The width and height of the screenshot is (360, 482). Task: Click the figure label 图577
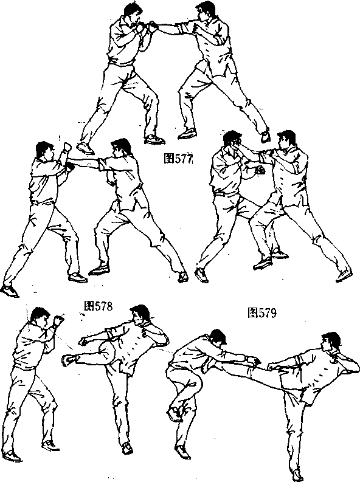pos(178,159)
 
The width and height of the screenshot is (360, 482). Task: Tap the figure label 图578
pos(99,306)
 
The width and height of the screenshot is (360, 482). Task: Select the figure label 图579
pos(262,312)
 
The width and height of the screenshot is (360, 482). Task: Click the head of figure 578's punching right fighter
pos(121,149)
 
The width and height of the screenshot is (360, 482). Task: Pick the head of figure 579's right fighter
pos(286,141)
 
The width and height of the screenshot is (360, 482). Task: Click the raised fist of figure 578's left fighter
pos(66,147)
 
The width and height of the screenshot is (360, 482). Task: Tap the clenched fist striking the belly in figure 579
pos(260,170)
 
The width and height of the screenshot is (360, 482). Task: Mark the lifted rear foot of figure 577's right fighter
pos(265,136)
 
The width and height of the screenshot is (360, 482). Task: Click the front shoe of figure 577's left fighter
pos(154,140)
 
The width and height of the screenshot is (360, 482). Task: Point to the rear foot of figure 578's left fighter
pos(10,291)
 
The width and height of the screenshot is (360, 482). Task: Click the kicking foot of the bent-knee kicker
pos(68,360)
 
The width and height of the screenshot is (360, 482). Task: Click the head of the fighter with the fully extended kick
pos(330,342)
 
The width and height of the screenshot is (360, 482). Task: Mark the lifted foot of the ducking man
pos(174,414)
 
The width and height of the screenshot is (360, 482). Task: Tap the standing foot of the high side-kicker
pos(297,475)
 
